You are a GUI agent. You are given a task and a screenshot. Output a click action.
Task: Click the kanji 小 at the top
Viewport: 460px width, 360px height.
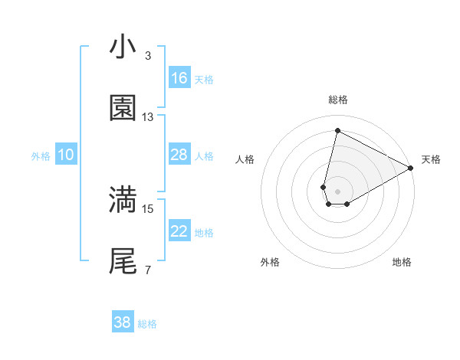pyautogui.click(x=123, y=47)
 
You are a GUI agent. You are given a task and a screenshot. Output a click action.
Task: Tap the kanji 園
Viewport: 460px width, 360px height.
pyautogui.click(x=123, y=109)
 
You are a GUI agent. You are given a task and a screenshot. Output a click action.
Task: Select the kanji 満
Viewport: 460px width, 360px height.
pyautogui.click(x=123, y=200)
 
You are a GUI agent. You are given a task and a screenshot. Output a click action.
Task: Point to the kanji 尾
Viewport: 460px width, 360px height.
pyautogui.click(x=123, y=261)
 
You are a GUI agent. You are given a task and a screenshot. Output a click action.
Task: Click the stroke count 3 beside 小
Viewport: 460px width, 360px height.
pyautogui.click(x=148, y=56)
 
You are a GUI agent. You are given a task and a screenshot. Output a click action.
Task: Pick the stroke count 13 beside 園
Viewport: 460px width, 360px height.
pyautogui.click(x=148, y=117)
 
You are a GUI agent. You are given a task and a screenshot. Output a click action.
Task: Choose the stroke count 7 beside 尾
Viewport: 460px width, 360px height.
pyautogui.click(x=148, y=270)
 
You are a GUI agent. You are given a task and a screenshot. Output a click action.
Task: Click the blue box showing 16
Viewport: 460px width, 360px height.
pyautogui.click(x=179, y=78)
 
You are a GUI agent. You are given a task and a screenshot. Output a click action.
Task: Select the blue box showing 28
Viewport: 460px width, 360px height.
pyautogui.click(x=179, y=155)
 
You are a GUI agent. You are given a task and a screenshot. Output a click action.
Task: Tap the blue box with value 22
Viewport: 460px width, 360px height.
pyautogui.click(x=179, y=231)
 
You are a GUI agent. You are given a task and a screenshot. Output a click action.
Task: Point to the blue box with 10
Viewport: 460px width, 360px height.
pyautogui.click(x=66, y=155)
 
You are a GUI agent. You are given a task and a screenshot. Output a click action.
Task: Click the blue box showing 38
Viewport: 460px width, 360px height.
pyautogui.click(x=123, y=322)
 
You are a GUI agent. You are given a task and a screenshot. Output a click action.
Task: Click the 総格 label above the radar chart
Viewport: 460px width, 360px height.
pyautogui.click(x=338, y=100)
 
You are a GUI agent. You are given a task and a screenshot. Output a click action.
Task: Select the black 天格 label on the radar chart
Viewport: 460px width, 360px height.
pyautogui.click(x=431, y=159)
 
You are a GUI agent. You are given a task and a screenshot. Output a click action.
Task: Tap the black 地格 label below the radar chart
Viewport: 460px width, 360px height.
pyautogui.click(x=402, y=262)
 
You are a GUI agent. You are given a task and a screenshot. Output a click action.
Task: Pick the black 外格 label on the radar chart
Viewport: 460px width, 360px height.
pyautogui.click(x=270, y=262)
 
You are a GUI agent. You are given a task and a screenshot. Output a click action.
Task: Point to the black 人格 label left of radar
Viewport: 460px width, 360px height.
pyautogui.click(x=245, y=159)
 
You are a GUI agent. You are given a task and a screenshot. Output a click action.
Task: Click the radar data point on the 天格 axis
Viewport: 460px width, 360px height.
pyautogui.click(x=411, y=169)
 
